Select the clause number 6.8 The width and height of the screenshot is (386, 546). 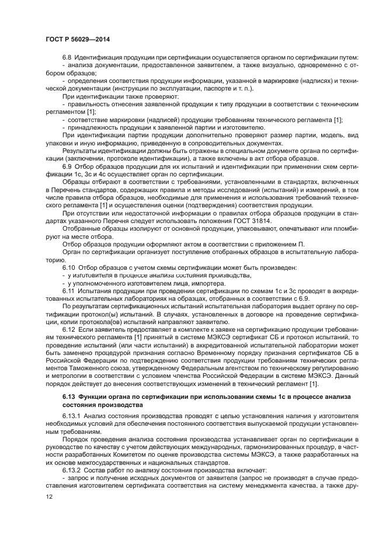(68, 57)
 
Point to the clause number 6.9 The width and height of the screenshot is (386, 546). (68, 166)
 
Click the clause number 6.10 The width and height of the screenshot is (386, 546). (69, 267)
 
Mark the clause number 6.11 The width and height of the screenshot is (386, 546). (69, 290)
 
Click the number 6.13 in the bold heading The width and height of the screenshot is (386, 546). (69, 398)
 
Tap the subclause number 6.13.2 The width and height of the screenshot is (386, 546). (72, 470)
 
